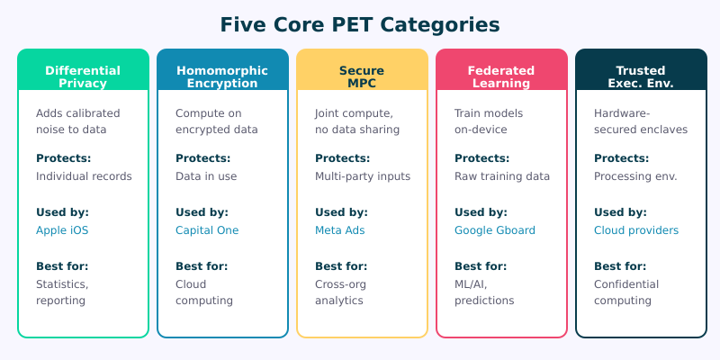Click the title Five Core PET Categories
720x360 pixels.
[x=360, y=24]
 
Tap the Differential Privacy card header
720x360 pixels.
[x=83, y=76]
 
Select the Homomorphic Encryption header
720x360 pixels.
[x=222, y=76]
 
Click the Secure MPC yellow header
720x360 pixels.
[x=362, y=76]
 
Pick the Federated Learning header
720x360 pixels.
[x=501, y=76]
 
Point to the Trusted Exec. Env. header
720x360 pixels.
[x=641, y=76]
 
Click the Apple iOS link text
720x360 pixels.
[x=62, y=230]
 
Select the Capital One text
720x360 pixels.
[x=207, y=230]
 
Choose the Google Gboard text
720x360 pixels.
[x=495, y=230]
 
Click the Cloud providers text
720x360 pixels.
[x=636, y=230]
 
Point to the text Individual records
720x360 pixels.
[x=84, y=176]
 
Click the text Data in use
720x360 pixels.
[x=206, y=176]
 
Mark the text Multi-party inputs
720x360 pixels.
[x=363, y=176]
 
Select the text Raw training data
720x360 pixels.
[x=502, y=176]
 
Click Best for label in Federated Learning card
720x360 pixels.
[x=481, y=266]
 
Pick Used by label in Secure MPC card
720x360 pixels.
[x=340, y=212]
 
